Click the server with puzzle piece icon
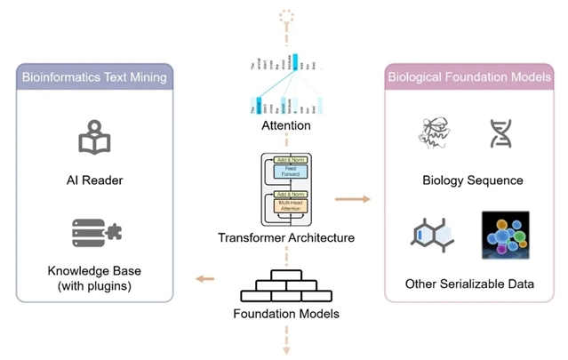[x=96, y=233]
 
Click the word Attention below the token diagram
[x=285, y=126]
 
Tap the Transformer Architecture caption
[x=285, y=237]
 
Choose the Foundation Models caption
[x=286, y=314]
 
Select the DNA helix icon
[x=500, y=133]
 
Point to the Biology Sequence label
[x=473, y=180]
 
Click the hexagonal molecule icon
[x=432, y=234]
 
